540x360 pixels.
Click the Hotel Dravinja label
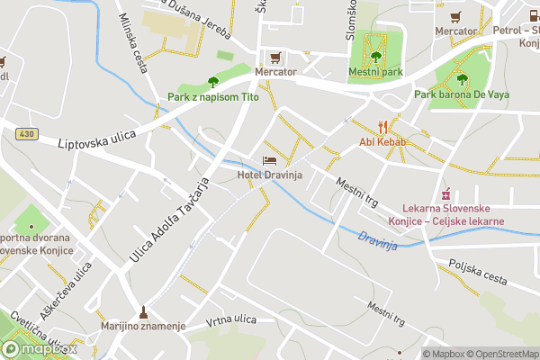tap(269, 175)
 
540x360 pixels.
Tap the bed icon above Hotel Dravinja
tap(269, 159)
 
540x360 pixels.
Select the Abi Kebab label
tap(382, 142)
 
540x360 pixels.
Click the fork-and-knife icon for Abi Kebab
tap(382, 127)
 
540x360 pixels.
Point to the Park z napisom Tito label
tap(213, 97)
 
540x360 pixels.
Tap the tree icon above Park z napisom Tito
tap(213, 82)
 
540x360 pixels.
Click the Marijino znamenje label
tap(143, 326)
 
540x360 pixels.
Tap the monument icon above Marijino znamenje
tap(143, 311)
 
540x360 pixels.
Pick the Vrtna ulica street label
tap(231, 319)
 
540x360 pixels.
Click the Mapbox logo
tap(38, 348)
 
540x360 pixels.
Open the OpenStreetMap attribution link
tap(501, 354)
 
